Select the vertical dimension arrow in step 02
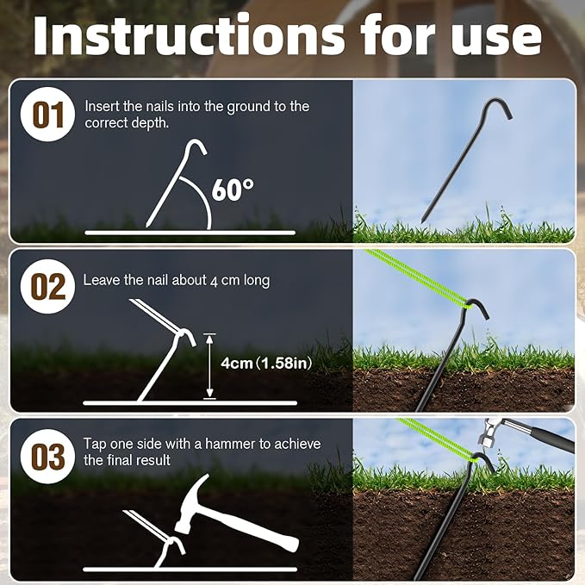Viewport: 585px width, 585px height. (208, 365)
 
